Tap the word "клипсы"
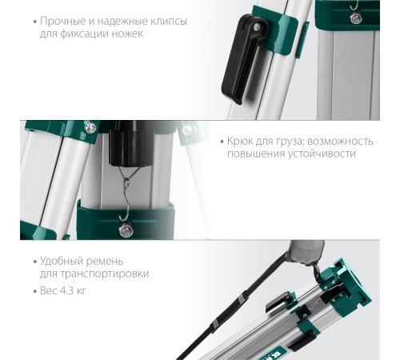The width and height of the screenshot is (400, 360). [169, 22]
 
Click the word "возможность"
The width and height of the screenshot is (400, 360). [340, 142]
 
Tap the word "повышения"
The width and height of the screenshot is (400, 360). [255, 154]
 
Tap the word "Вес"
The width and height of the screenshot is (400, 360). [48, 290]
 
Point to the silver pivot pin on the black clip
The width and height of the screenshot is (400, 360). [257, 26]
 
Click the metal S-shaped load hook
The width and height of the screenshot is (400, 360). [126, 201]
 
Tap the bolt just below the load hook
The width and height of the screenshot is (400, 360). [126, 230]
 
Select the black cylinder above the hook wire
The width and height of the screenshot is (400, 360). [130, 143]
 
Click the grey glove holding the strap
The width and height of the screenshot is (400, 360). [306, 252]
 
